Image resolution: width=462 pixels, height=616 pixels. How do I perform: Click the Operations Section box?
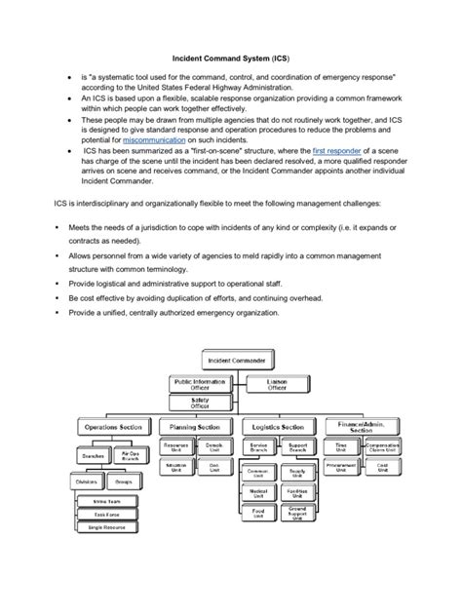click(x=114, y=427)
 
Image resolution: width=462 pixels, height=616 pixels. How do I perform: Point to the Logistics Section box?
click(x=279, y=427)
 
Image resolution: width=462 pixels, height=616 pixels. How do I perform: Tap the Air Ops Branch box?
click(x=134, y=454)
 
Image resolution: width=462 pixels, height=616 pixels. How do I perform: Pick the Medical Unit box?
click(x=259, y=492)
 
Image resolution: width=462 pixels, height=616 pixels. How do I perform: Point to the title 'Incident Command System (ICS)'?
click(x=230, y=58)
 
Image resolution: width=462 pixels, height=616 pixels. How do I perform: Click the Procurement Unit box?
click(x=341, y=468)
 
